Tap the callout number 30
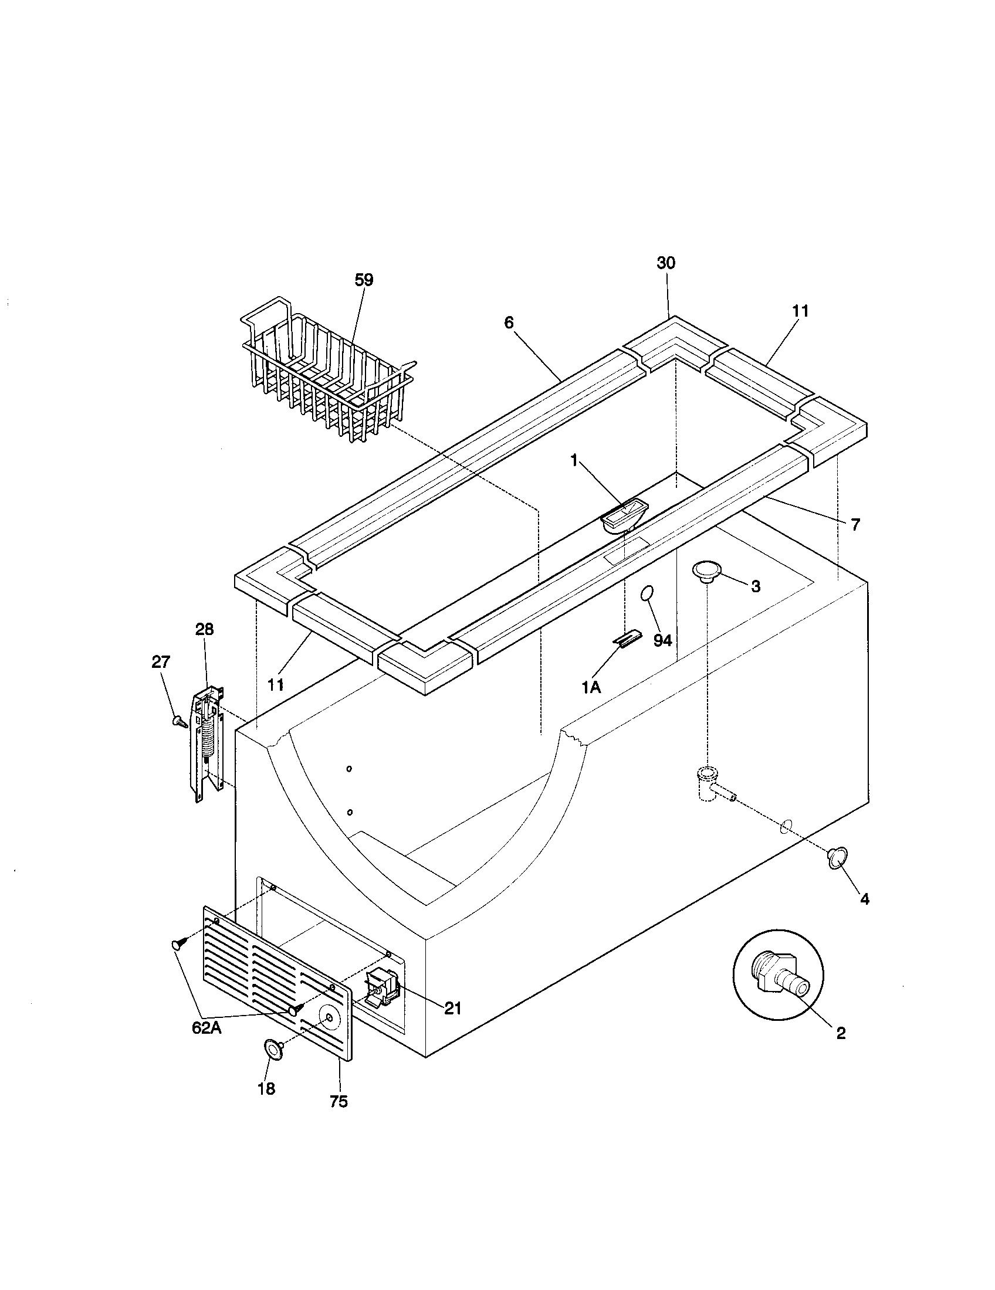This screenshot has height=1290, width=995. [666, 263]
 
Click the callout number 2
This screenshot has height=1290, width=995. [841, 1033]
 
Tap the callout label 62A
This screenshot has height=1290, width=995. [206, 1028]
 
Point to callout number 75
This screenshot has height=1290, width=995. [339, 1101]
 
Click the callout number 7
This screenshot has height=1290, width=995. [855, 524]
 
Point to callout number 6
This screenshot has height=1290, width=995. [509, 322]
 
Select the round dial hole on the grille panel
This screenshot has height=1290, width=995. [327, 1015]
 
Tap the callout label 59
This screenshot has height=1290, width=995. [364, 280]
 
